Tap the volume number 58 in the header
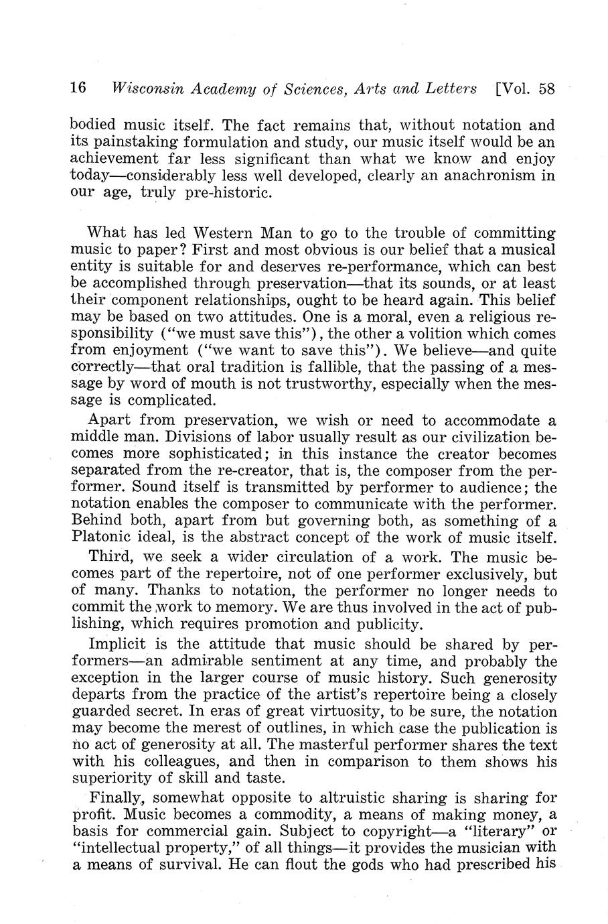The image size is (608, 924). [546, 88]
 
